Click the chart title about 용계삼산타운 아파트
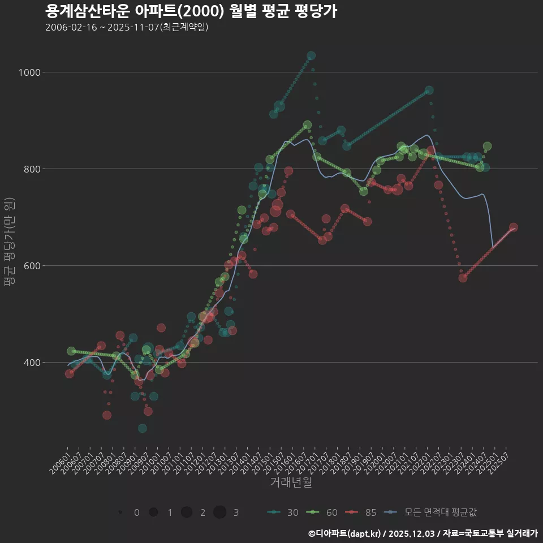tap(191, 11)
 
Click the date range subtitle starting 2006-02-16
tap(127, 27)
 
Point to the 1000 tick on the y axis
tap(29, 72)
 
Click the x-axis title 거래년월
tap(291, 482)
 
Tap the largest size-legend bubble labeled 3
tap(220, 512)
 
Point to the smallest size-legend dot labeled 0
tap(120, 512)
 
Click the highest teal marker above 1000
tap(311, 56)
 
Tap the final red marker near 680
tap(514, 227)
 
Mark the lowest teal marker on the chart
tap(143, 428)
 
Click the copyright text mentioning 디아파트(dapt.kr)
tap(423, 533)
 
